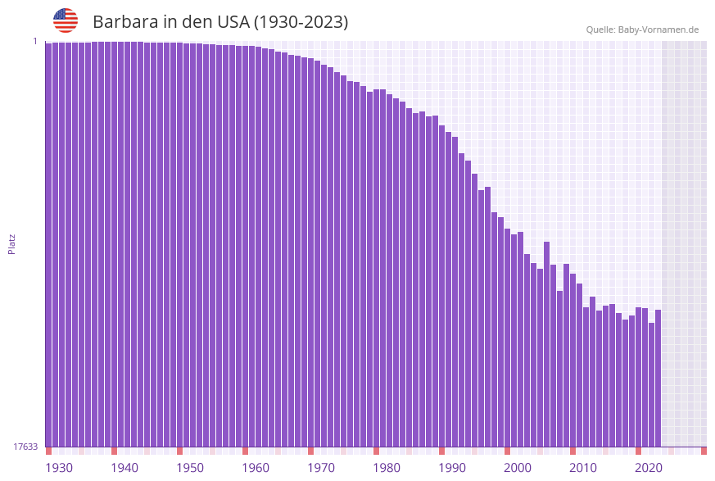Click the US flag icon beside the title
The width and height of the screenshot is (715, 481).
[x=66, y=20]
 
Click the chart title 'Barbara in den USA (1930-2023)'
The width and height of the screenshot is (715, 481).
[x=220, y=22]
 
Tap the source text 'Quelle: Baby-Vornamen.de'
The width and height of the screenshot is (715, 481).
[x=642, y=29]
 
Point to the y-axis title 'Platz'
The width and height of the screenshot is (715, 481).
[x=12, y=243]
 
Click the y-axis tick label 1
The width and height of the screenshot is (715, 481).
[x=35, y=41]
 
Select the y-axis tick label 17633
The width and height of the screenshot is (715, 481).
[x=25, y=447]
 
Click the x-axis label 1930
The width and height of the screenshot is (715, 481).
[x=59, y=468]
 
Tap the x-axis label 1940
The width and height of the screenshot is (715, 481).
[x=124, y=468]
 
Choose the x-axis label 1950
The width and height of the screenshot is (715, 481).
[x=190, y=468]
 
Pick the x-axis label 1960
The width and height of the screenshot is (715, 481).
[x=256, y=468]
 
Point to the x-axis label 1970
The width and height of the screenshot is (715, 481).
[x=321, y=468]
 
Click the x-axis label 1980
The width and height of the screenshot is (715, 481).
[x=387, y=468]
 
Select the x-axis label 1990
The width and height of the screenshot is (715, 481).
[x=452, y=468]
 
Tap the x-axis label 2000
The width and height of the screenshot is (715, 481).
[x=518, y=468]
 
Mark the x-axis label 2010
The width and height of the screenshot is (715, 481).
[x=583, y=468]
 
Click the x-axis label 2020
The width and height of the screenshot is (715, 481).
[x=649, y=468]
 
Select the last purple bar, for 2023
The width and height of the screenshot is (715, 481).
[x=658, y=377]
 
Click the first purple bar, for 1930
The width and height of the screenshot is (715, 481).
[x=48, y=246]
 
